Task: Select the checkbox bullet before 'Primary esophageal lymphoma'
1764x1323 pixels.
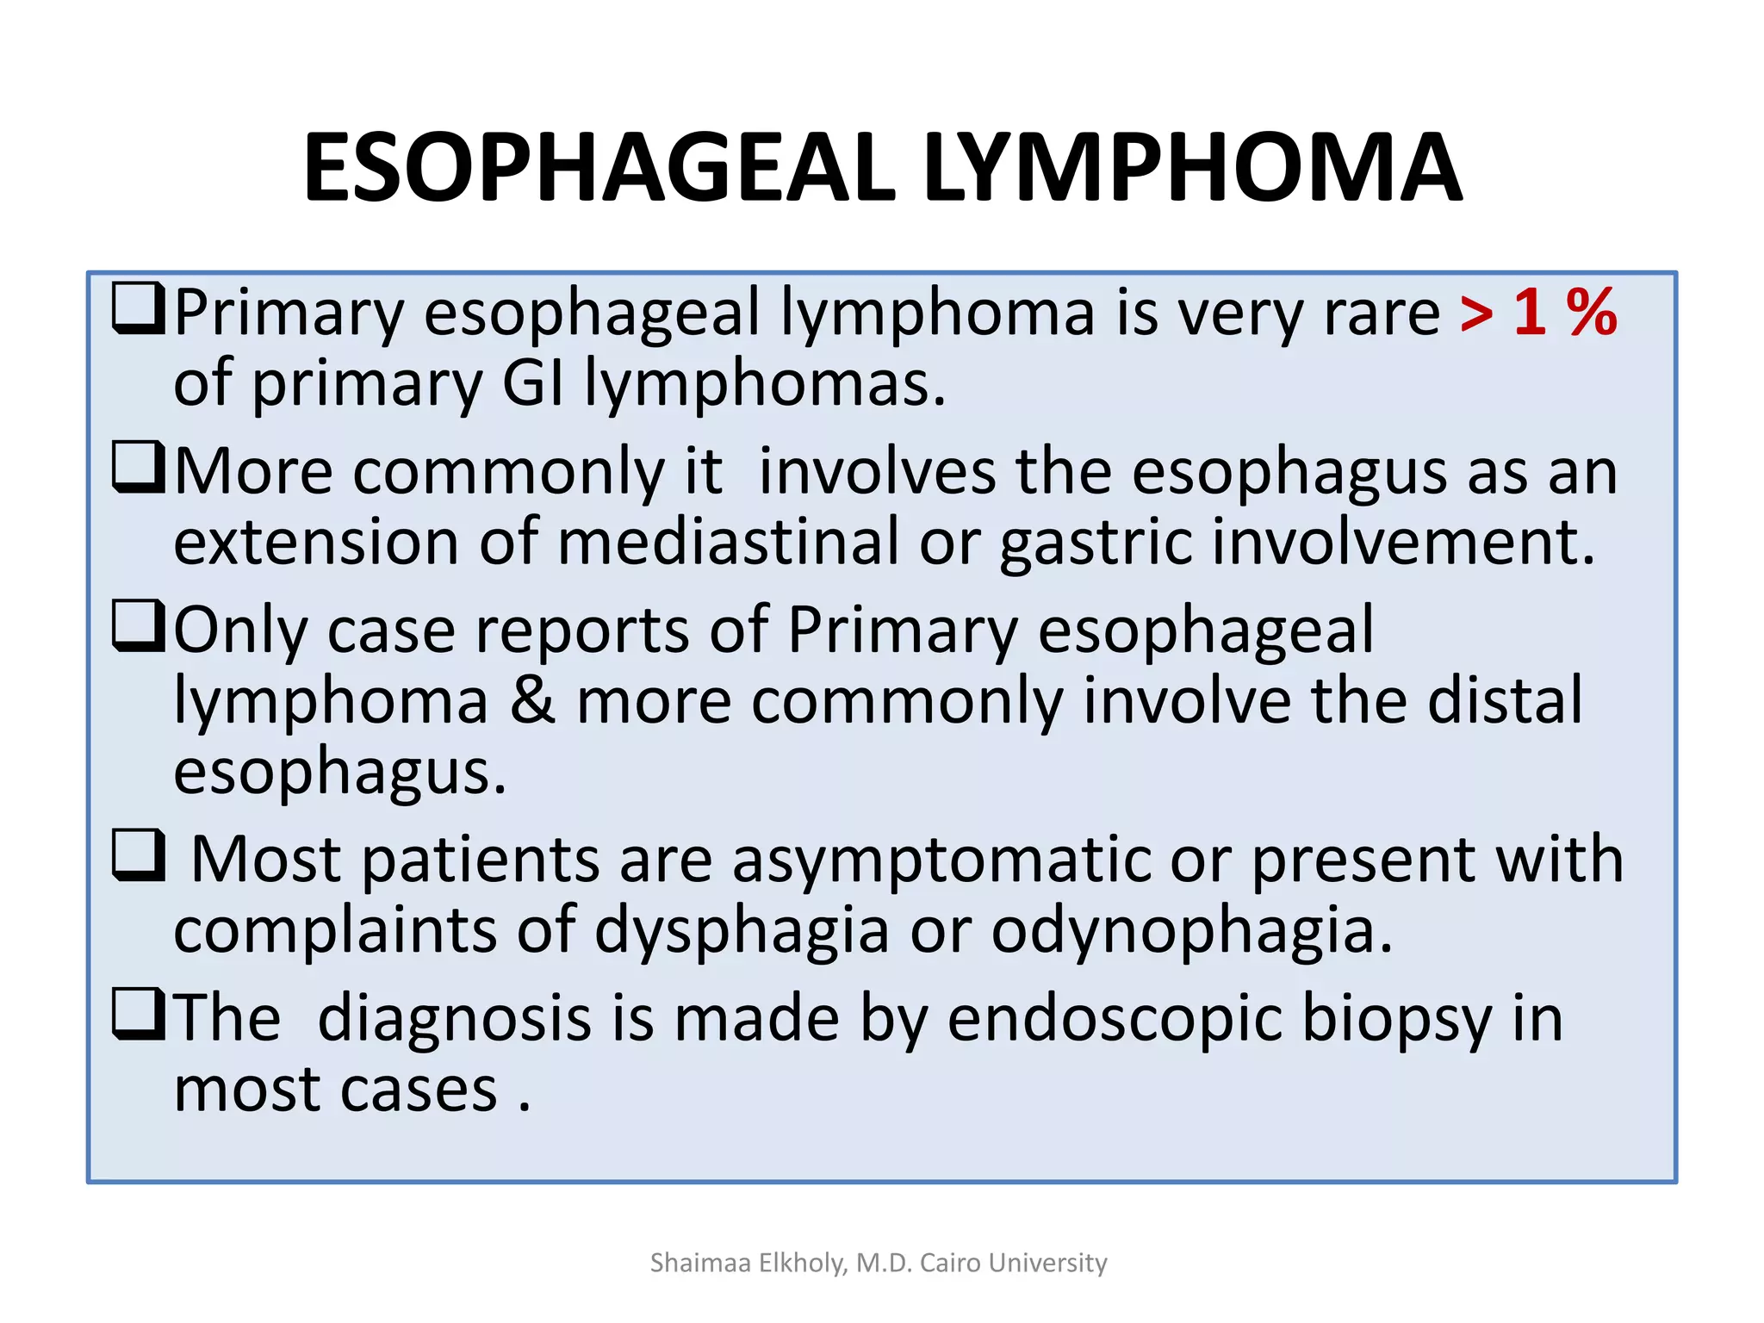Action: pos(138,309)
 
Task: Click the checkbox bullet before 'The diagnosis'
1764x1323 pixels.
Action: pos(138,1015)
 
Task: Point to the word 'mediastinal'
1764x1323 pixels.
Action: pos(728,543)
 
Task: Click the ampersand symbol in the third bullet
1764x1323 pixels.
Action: pos(532,700)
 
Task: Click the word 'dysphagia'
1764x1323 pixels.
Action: pos(742,932)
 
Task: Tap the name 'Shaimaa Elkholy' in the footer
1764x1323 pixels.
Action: pos(748,1263)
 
